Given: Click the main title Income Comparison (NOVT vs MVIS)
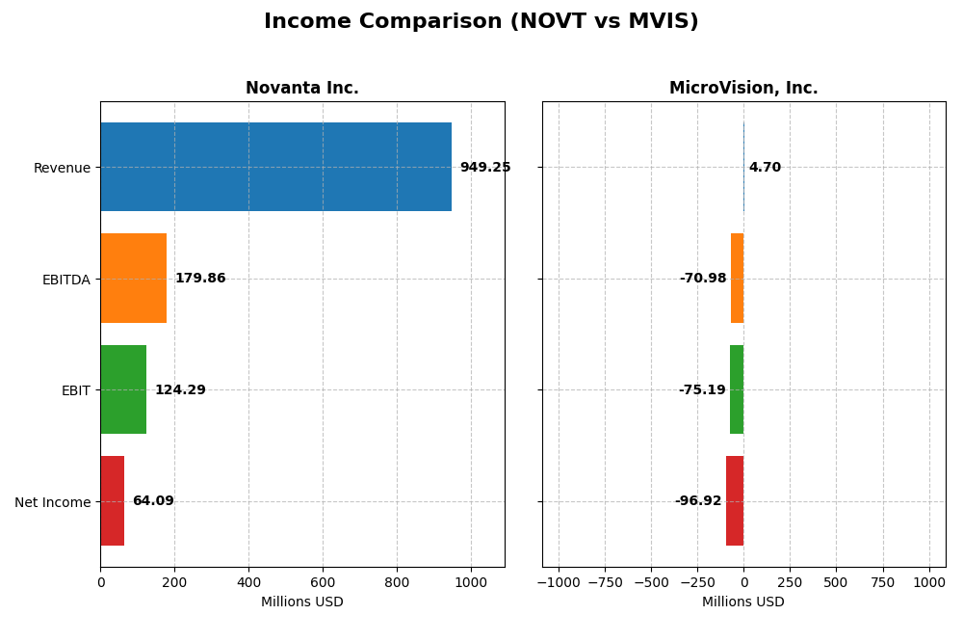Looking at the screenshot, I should click(481, 21).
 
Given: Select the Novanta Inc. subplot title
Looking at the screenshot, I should click(301, 89).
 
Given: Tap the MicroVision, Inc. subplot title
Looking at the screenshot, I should click(743, 89).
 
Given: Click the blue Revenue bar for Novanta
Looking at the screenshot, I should click(275, 167).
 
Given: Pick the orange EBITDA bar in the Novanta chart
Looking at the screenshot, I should click(134, 279).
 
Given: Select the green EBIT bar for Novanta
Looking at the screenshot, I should click(123, 389).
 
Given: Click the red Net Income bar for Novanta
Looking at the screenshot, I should click(113, 501).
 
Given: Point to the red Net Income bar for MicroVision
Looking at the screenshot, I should click(735, 501).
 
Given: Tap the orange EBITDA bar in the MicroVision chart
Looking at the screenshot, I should click(738, 279).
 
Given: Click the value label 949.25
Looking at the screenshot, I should click(484, 168).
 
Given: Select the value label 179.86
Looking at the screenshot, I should click(199, 279).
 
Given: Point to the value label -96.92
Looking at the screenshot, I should click(698, 501).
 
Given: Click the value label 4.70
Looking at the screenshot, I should click(765, 168).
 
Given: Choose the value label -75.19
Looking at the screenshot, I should click(702, 390).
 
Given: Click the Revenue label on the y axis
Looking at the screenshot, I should click(62, 168).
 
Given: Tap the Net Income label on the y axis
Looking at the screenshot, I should click(52, 502).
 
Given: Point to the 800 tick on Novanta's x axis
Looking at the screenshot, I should click(397, 582).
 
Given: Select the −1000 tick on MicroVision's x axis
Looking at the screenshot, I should click(559, 582).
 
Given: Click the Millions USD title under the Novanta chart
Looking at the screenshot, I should click(301, 602).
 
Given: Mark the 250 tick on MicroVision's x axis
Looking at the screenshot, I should click(790, 582).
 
